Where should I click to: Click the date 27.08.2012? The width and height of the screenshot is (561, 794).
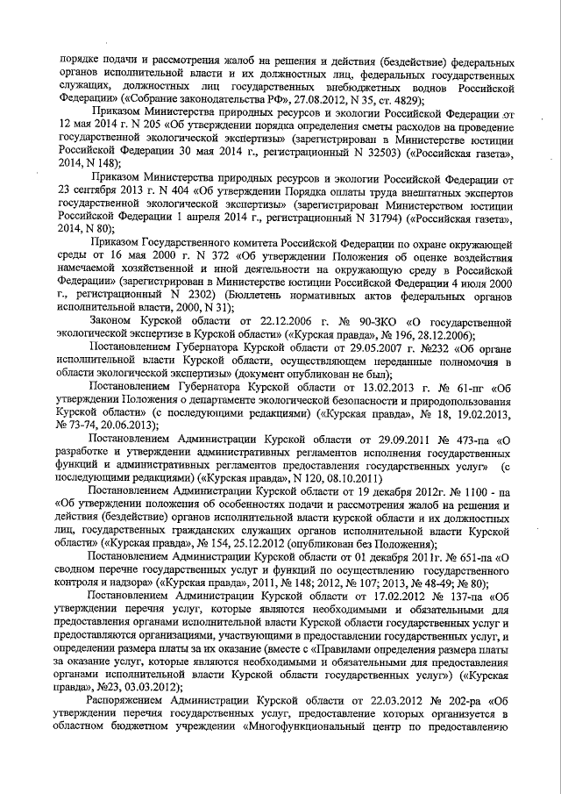pyautogui.click(x=269, y=100)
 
